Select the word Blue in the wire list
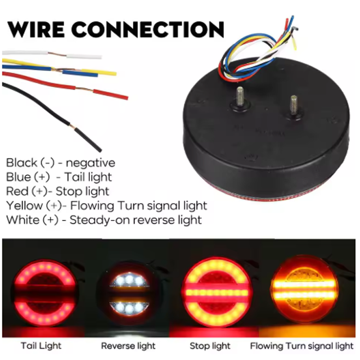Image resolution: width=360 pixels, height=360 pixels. point(19,177)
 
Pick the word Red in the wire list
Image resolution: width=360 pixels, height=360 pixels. point(17,191)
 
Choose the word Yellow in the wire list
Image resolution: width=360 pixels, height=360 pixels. point(22,205)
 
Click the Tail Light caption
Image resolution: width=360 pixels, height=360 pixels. point(41,345)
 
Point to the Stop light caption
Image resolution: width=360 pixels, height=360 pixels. point(210,345)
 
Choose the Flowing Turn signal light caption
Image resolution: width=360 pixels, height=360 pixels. point(301,345)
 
